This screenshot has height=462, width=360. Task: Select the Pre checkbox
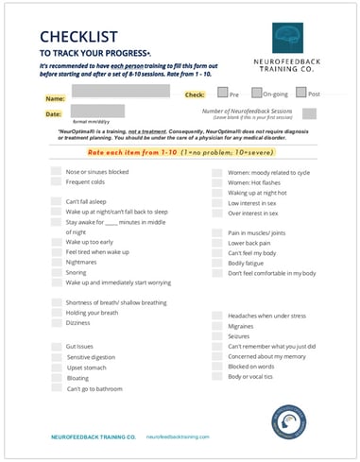click(x=221, y=94)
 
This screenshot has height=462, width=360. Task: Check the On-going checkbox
click(x=255, y=94)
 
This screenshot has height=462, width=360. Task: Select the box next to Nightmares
click(x=55, y=262)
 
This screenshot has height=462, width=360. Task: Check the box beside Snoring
click(x=55, y=272)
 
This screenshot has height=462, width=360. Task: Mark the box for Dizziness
click(x=55, y=322)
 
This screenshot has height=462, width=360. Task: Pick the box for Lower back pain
click(x=217, y=242)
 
